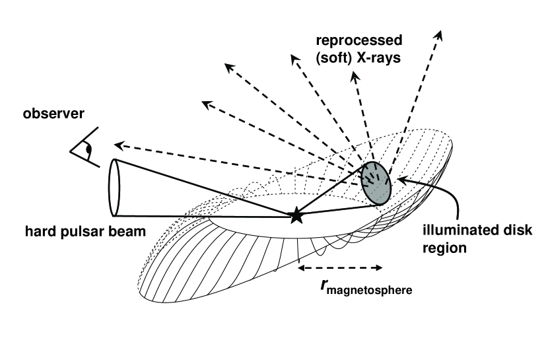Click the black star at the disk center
coord(296,214)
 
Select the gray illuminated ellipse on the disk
coord(375,182)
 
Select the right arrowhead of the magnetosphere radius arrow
coord(379,268)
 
